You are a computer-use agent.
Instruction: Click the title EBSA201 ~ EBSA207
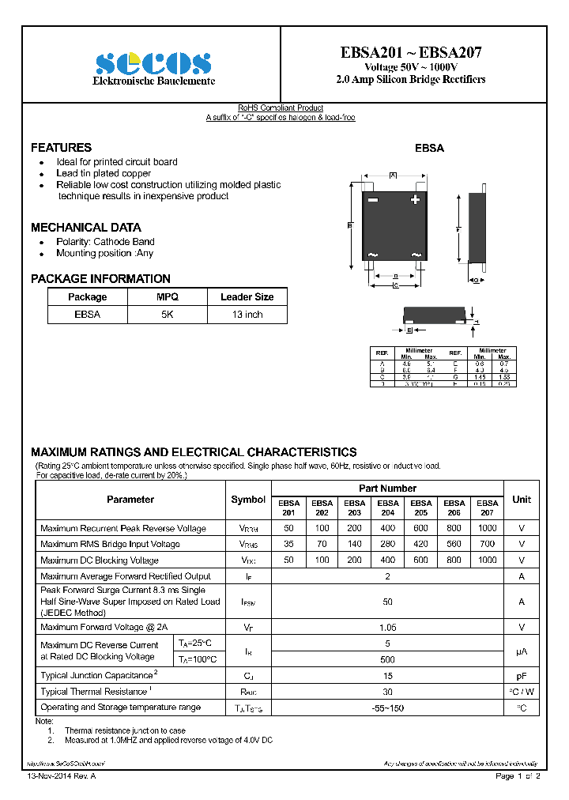[x=411, y=53]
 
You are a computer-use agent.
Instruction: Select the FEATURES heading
[x=61, y=148]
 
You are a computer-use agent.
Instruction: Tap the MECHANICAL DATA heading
[x=86, y=227]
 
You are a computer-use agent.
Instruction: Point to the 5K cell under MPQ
[x=168, y=315]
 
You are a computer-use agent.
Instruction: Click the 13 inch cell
[x=247, y=315]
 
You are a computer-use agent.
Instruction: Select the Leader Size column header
[x=247, y=297]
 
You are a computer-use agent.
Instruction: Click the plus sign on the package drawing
[x=415, y=201]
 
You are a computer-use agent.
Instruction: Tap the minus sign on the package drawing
[x=373, y=201]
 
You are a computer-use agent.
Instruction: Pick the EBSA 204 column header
[x=388, y=508]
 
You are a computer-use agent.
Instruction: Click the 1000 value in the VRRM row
[x=488, y=528]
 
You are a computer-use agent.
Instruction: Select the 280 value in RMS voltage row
[x=388, y=544]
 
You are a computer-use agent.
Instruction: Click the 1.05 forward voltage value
[x=387, y=627]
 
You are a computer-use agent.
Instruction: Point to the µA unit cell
[x=522, y=651]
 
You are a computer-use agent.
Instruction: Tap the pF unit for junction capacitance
[x=522, y=676]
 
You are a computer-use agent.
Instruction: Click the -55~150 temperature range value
[x=387, y=708]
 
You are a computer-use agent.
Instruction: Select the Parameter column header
[x=130, y=500]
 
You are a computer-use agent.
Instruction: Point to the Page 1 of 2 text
[x=518, y=776]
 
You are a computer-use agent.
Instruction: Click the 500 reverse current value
[x=387, y=658]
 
